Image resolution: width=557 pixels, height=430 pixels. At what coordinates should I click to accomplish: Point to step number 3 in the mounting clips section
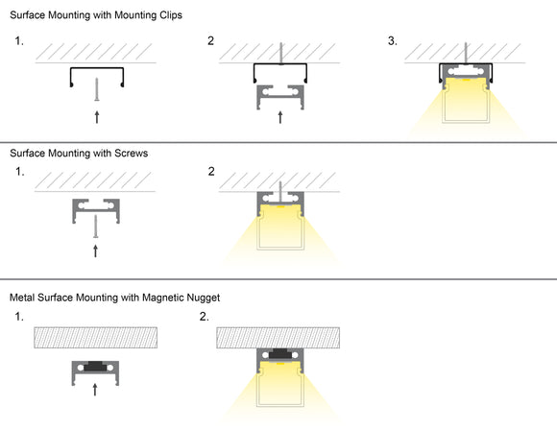tap(394, 41)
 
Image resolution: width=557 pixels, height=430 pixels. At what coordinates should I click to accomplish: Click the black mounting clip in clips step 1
tap(95, 74)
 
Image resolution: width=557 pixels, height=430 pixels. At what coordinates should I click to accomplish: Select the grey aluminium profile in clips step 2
tap(279, 94)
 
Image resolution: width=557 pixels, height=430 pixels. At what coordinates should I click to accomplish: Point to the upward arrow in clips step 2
tap(279, 118)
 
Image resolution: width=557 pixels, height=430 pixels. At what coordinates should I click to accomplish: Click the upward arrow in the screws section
tap(95, 251)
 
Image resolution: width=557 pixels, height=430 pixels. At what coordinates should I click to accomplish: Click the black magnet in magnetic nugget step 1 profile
tap(95, 366)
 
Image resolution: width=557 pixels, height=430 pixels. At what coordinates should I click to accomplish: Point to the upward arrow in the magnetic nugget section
tap(95, 389)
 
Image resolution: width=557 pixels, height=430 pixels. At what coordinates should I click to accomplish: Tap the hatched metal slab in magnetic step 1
tap(95, 337)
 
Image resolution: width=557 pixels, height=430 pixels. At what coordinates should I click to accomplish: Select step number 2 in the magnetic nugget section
tap(204, 316)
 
